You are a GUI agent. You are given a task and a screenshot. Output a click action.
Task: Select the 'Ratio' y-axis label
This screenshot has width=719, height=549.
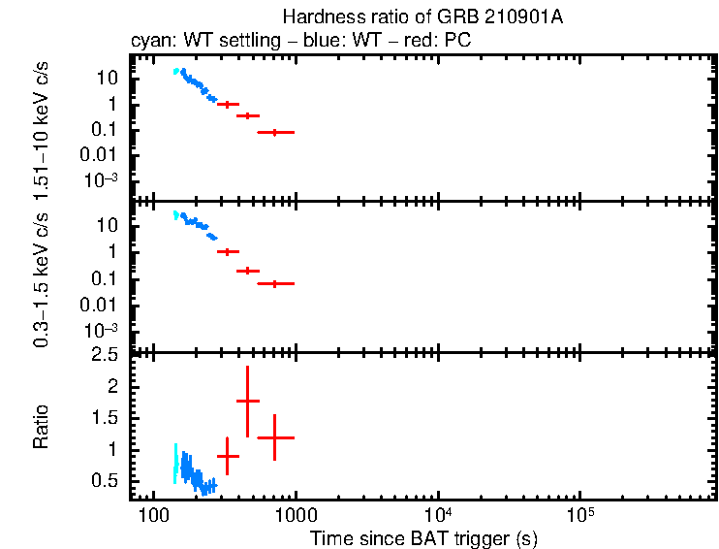[x=41, y=428]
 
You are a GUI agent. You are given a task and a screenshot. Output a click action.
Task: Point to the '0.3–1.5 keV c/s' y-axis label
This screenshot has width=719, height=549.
[x=41, y=278]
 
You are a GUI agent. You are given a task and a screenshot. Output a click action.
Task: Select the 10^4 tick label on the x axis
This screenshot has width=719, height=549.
[x=437, y=513]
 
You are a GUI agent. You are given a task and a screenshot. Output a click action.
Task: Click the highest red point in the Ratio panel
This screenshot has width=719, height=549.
[x=248, y=401]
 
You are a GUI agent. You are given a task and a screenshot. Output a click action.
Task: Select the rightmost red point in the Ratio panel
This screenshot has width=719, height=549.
[x=275, y=437]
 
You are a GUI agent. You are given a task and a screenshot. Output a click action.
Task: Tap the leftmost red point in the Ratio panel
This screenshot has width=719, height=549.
[x=228, y=456]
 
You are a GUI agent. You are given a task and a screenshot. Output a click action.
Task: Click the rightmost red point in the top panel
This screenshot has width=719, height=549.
[x=275, y=132]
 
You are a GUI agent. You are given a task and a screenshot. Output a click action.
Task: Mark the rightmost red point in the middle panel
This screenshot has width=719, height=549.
[x=275, y=283]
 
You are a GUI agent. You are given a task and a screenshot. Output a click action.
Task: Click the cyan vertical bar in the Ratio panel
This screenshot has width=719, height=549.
[x=175, y=464]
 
